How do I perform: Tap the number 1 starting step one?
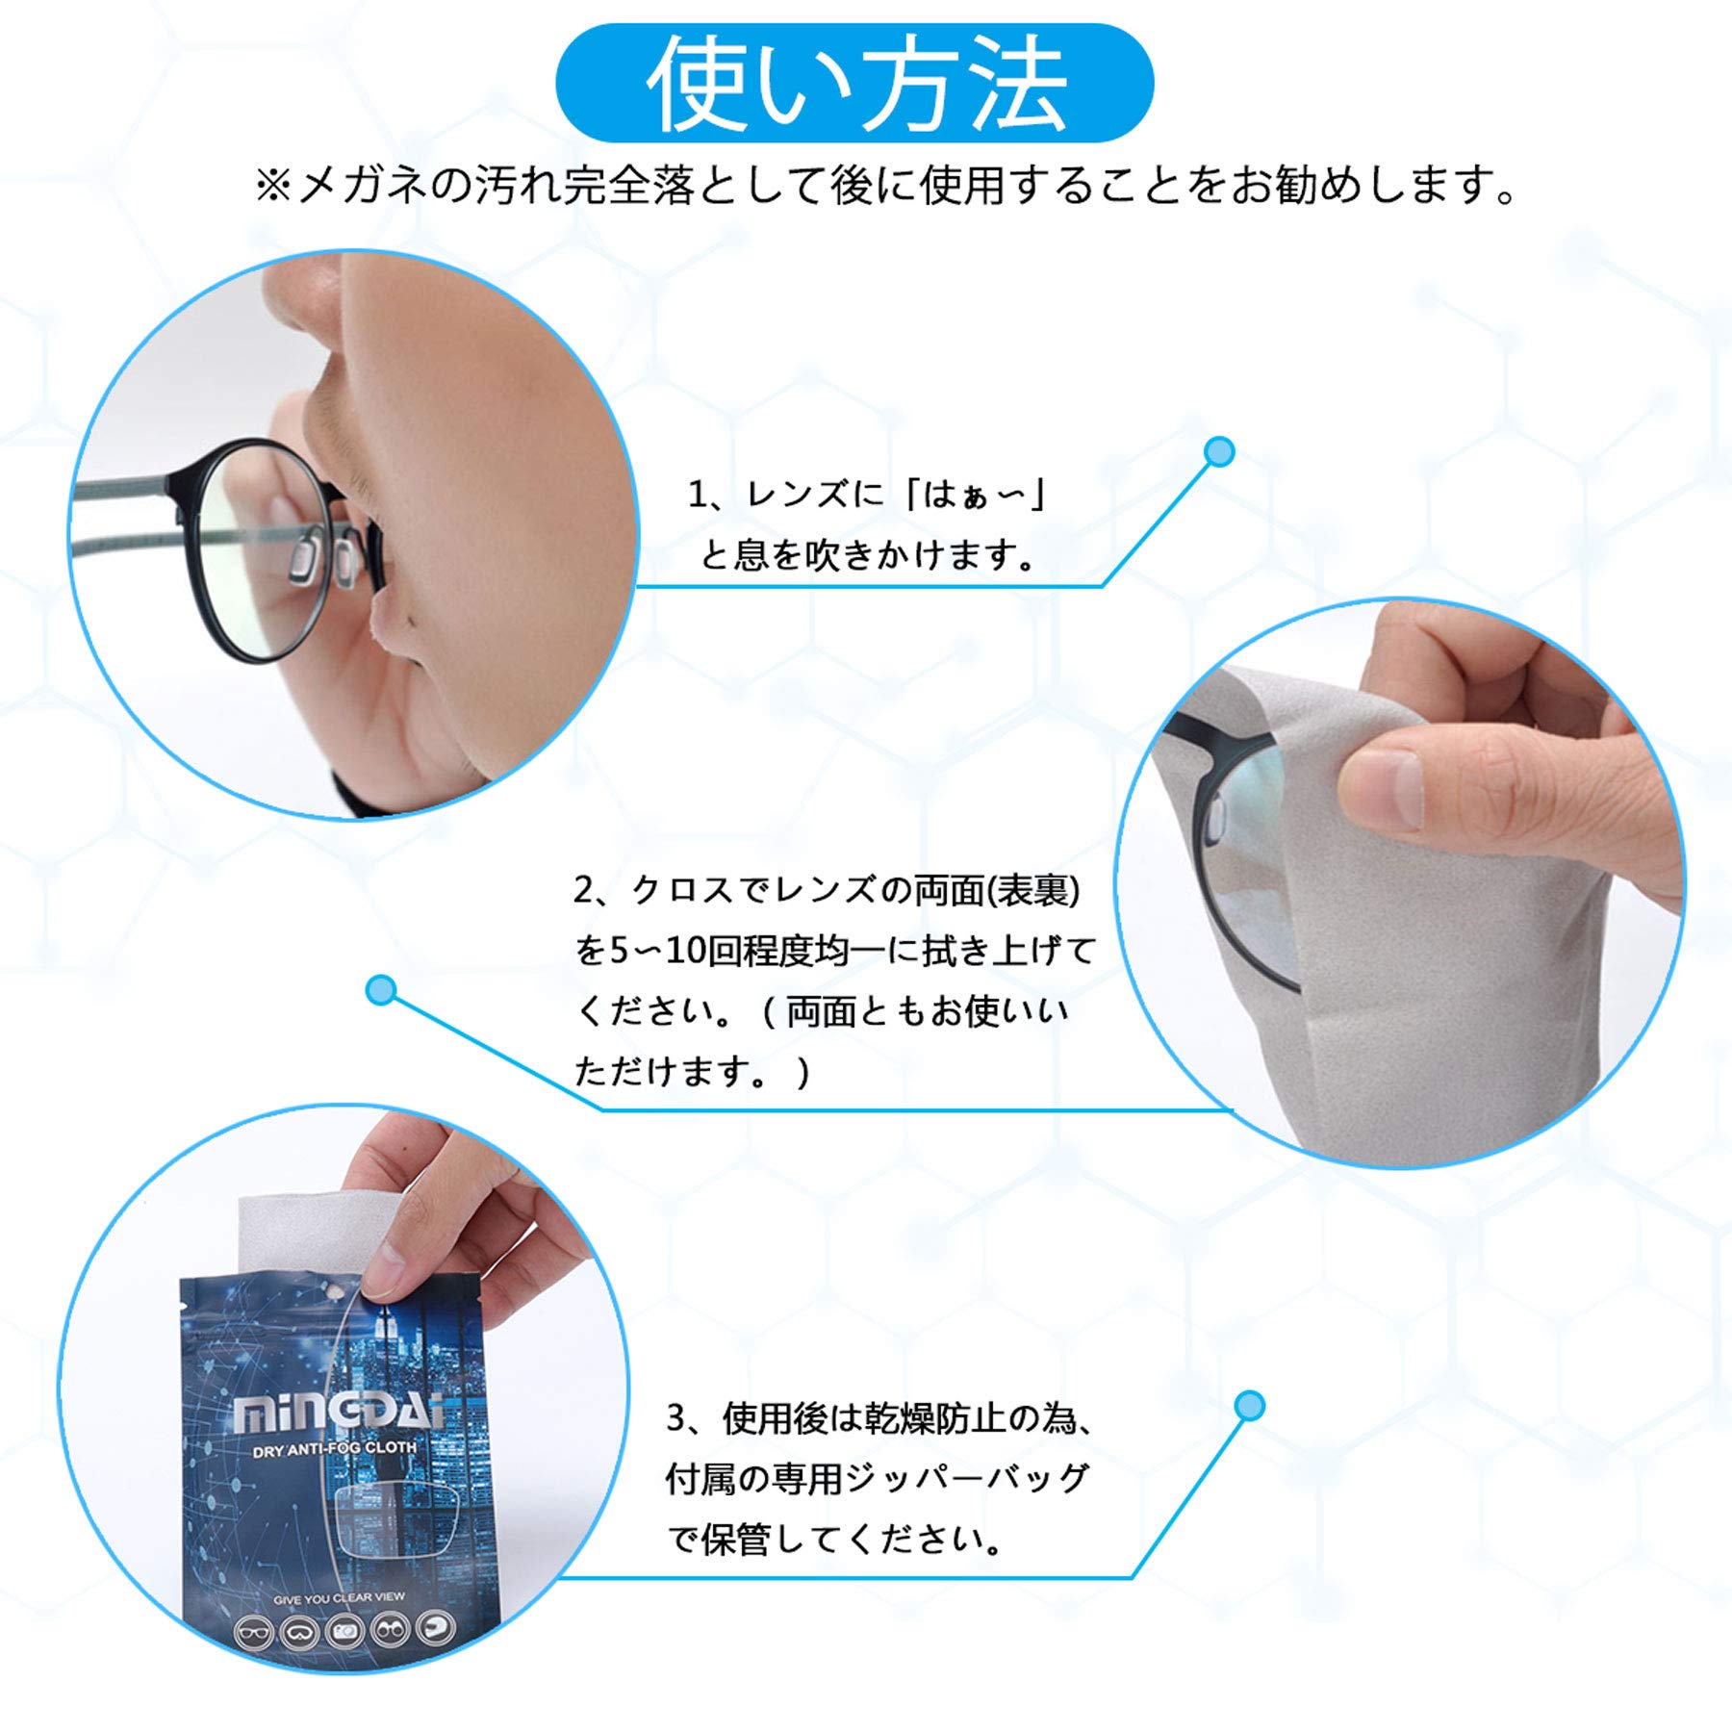tap(696, 495)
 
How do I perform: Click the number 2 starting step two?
tap(582, 890)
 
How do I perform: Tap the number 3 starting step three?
tap(676, 1418)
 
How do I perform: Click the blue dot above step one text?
tap(1219, 451)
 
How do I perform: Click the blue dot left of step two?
tap(382, 990)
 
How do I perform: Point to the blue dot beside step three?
tap(1249, 1406)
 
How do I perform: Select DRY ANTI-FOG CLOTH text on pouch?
tap(335, 1448)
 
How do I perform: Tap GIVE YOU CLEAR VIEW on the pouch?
tap(339, 1598)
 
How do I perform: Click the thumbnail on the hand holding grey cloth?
tap(1384, 789)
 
